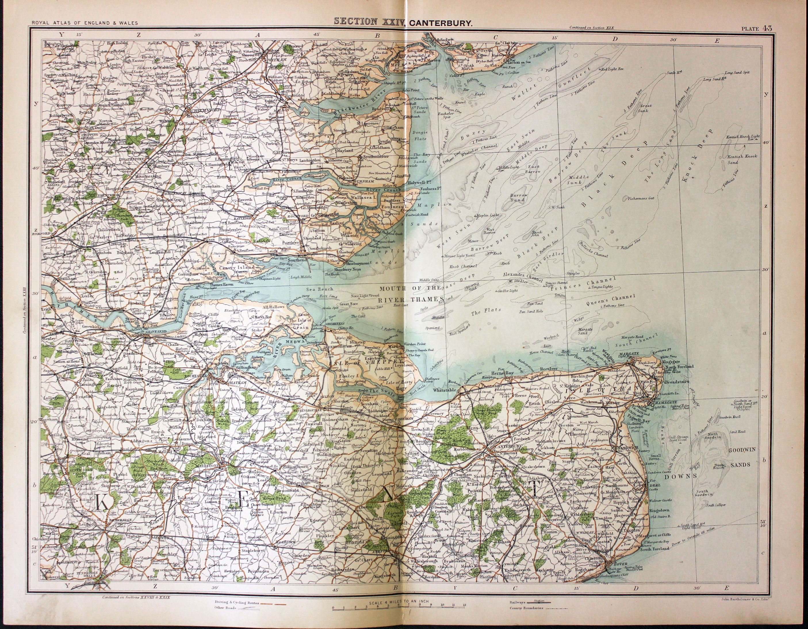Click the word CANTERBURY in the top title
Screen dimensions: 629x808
coord(440,22)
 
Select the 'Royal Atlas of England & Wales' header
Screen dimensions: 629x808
coord(85,23)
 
